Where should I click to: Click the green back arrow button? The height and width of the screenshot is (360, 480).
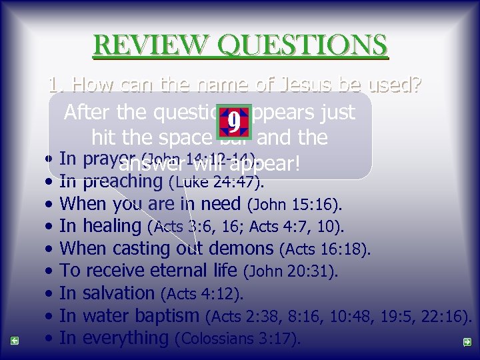(14, 341)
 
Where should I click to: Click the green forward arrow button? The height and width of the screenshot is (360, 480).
(467, 342)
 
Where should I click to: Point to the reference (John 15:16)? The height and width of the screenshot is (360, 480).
(295, 204)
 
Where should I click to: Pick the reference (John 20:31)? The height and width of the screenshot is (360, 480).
(292, 272)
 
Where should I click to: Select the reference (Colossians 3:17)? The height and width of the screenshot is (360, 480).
(237, 339)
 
